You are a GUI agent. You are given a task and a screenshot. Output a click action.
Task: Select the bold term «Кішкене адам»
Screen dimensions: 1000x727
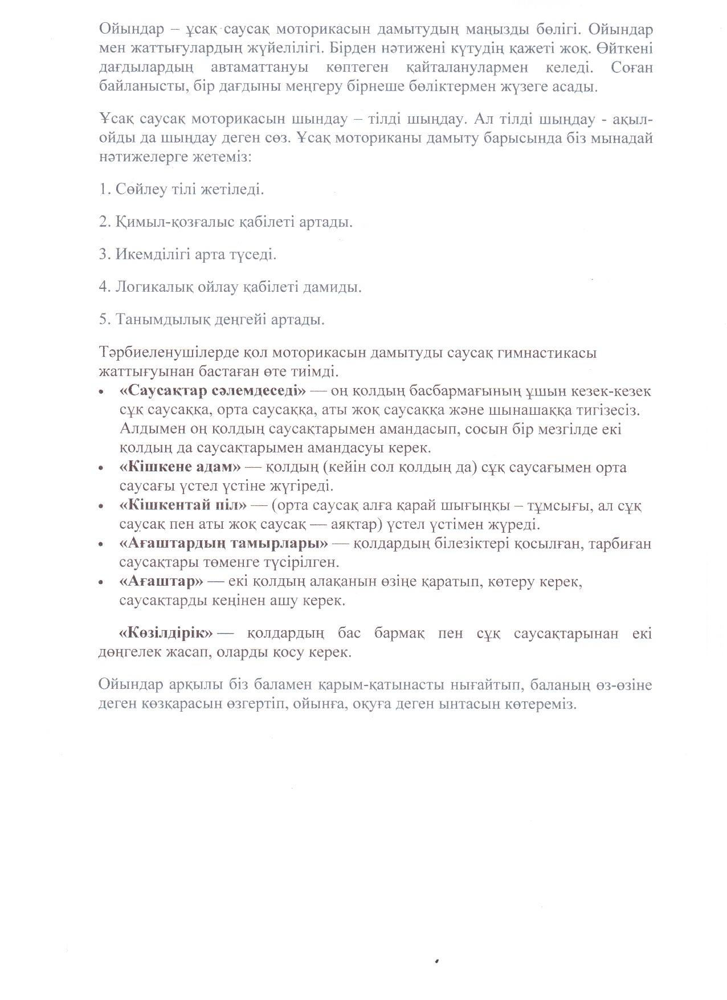point(181,467)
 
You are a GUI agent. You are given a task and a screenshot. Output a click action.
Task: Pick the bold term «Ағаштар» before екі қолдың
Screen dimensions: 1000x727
point(162,582)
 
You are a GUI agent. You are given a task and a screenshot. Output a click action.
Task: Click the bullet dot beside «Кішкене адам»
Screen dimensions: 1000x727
point(101,468)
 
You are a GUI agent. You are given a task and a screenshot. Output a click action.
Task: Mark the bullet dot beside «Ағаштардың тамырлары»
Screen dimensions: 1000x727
point(101,545)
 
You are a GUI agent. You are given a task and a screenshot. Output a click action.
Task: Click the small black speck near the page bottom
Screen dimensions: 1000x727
point(436,960)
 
